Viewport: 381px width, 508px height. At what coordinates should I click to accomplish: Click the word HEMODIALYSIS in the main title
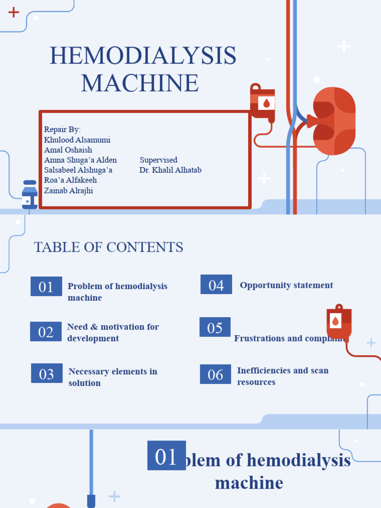click(143, 56)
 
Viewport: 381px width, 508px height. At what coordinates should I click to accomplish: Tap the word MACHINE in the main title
click(140, 83)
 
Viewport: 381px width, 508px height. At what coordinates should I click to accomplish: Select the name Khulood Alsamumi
click(77, 140)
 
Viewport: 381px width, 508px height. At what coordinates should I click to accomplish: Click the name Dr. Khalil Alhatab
click(170, 170)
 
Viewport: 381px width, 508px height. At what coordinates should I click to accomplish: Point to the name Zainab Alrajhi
click(68, 190)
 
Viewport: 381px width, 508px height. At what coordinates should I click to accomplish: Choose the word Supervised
click(158, 160)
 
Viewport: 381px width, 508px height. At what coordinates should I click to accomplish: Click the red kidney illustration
click(333, 121)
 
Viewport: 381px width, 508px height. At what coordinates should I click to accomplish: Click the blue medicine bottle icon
click(30, 194)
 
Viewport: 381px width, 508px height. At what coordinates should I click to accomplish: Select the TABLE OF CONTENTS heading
click(109, 247)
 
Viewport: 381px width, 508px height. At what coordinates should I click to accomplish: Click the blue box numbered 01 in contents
click(46, 286)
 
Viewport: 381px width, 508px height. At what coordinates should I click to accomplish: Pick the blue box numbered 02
click(46, 331)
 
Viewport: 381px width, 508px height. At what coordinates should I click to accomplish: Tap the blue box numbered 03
click(47, 373)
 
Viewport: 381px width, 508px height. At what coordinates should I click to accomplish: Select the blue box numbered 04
click(216, 284)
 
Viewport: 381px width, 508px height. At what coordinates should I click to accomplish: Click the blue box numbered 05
click(215, 327)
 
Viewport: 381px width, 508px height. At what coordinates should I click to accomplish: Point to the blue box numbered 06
click(215, 374)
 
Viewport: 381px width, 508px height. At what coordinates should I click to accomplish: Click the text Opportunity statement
click(286, 285)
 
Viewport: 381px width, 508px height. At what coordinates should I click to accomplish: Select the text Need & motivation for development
click(113, 332)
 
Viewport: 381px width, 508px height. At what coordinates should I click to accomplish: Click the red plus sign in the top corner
click(14, 12)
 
